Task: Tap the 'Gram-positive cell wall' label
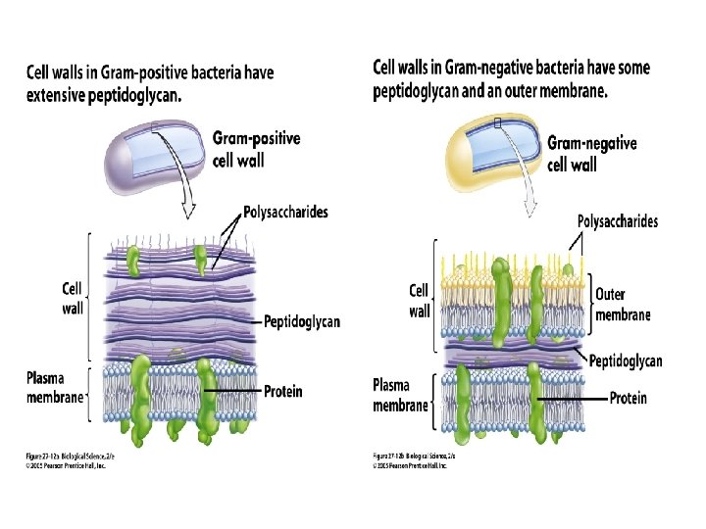coord(256,149)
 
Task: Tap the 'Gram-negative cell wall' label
coord(591,153)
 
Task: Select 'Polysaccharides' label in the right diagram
coord(618,221)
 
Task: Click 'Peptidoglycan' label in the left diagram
coord(302,321)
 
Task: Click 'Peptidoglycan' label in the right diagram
coord(625,361)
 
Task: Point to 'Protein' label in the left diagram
coord(283,392)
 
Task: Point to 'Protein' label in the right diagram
coord(629,399)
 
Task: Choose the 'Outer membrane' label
coord(623,304)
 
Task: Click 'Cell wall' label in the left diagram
coord(73,297)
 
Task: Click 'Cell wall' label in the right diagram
coord(419,301)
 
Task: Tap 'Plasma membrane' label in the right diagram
coord(401,395)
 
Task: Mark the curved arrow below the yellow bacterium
coord(531,200)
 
